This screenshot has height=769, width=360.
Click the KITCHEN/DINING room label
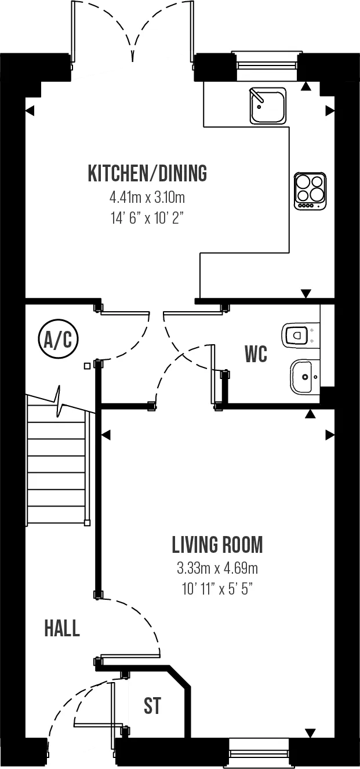coord(148,173)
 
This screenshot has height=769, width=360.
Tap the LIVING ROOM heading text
coord(217,545)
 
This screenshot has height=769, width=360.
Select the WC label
coord(256,354)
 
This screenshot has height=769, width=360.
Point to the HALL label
coord(62,629)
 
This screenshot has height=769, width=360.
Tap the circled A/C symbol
coord(58,340)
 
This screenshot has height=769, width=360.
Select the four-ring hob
coord(310,191)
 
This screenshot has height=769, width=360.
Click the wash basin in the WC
coord(305,377)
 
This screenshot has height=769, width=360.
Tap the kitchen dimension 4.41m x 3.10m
coord(147,198)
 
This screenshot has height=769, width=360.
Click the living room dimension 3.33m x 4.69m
coord(217,568)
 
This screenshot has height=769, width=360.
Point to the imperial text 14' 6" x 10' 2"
coord(145,218)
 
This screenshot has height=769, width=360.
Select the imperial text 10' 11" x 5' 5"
coord(217,589)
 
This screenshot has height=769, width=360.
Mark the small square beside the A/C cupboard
coord(88,366)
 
